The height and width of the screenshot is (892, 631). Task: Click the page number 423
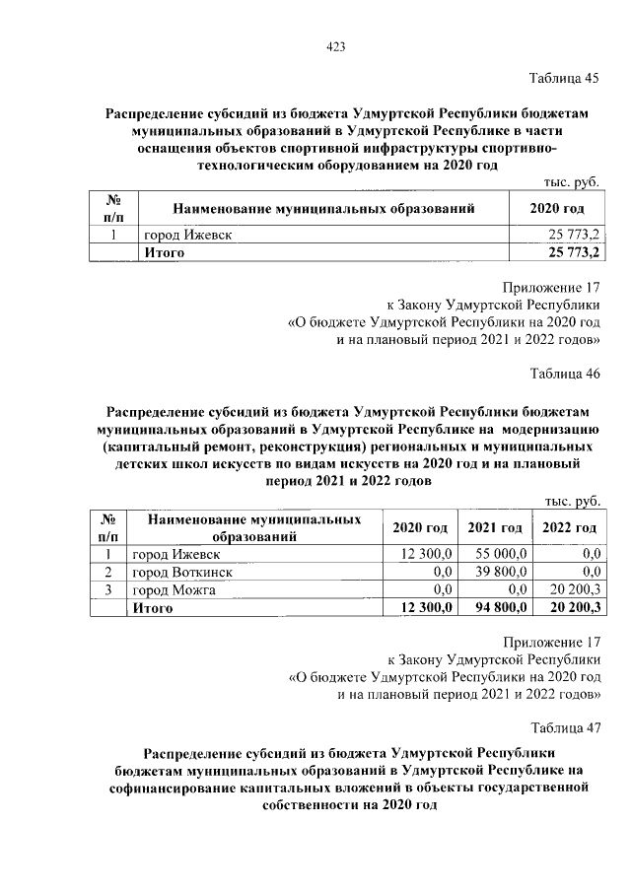(333, 46)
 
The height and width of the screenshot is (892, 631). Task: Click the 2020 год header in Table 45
(556, 208)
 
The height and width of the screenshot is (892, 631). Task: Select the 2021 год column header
(495, 528)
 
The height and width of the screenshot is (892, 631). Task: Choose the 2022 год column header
(570, 528)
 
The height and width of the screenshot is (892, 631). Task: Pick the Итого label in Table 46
(153, 608)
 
